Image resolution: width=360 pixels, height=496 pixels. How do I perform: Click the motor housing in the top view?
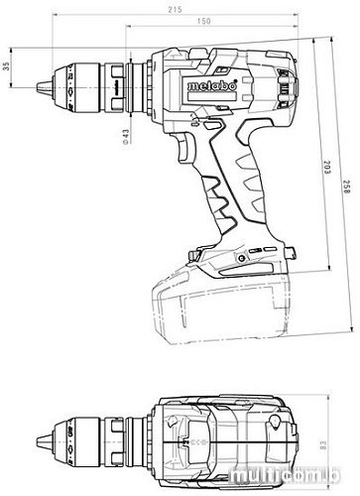[x=228, y=432]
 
